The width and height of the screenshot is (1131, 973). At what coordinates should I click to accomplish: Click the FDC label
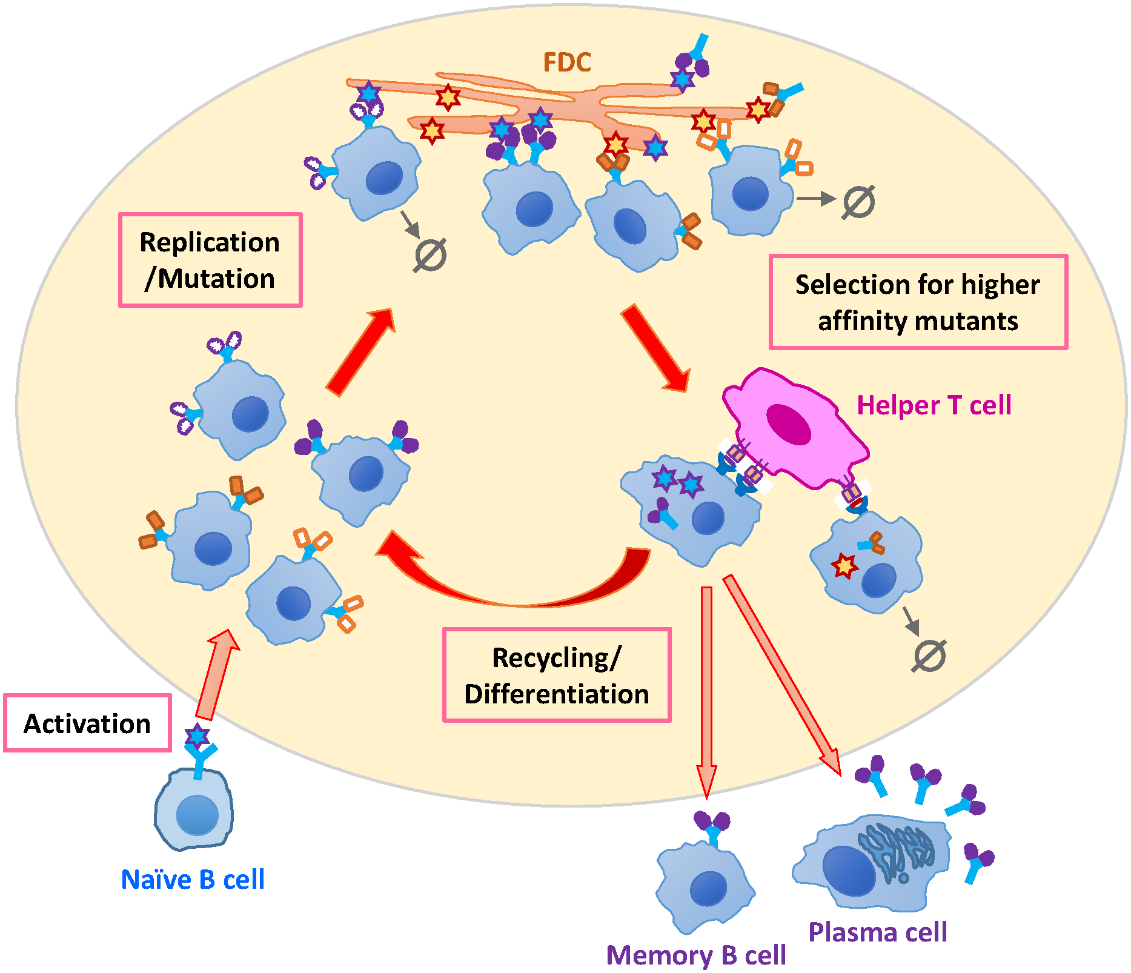[566, 62]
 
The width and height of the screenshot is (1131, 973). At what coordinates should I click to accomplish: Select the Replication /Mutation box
[210, 260]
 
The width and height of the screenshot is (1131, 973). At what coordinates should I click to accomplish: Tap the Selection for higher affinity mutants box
[918, 302]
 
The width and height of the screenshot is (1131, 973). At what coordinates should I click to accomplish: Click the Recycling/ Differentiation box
[557, 675]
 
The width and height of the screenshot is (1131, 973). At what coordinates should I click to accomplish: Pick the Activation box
[87, 723]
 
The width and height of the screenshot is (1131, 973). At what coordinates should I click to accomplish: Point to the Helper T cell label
[934, 405]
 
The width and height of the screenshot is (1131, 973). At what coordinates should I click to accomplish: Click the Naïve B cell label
[193, 880]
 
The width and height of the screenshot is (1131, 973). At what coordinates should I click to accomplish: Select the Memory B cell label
[696, 955]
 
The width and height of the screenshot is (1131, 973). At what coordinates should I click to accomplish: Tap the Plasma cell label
[878, 932]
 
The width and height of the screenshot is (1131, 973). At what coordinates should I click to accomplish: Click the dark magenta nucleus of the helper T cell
[788, 423]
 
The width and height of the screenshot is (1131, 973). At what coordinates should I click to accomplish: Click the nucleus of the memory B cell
[708, 889]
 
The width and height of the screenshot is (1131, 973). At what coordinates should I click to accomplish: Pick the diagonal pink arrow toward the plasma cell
[781, 672]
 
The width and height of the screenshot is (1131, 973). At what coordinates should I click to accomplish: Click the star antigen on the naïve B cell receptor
[197, 736]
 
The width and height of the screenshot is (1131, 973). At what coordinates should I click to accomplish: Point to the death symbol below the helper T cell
[929, 656]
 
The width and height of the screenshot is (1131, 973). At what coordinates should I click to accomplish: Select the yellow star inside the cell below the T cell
[844, 566]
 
